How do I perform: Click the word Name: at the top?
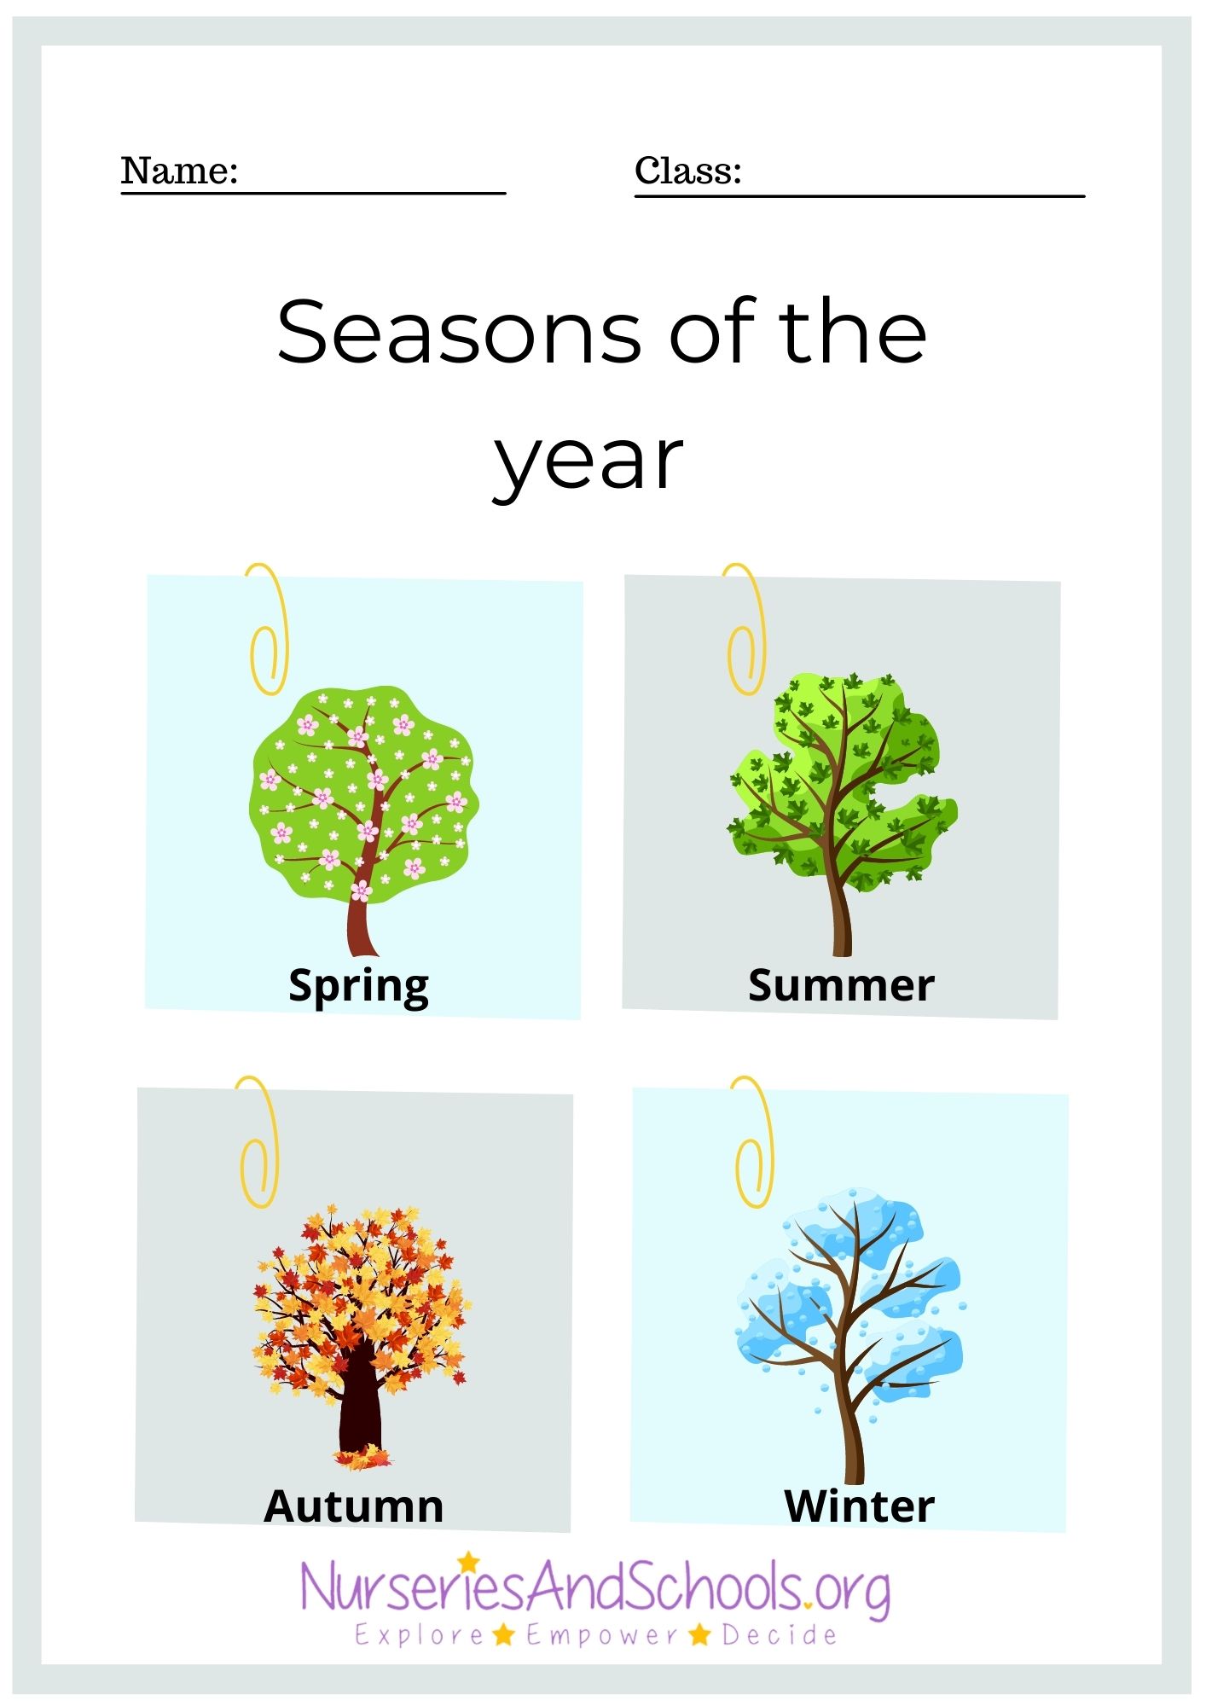click(x=179, y=171)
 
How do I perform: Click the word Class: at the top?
click(x=687, y=171)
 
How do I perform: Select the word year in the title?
click(x=589, y=462)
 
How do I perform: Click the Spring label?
click(x=358, y=987)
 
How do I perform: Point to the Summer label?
click(x=841, y=985)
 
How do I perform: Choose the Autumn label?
click(x=353, y=1506)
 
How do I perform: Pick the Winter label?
click(x=859, y=1506)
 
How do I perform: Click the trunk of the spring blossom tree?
click(x=362, y=926)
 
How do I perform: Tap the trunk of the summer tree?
click(x=842, y=921)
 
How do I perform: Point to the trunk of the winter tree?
click(x=853, y=1442)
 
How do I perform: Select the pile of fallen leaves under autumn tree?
click(x=363, y=1459)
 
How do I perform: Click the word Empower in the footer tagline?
click(x=602, y=1635)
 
